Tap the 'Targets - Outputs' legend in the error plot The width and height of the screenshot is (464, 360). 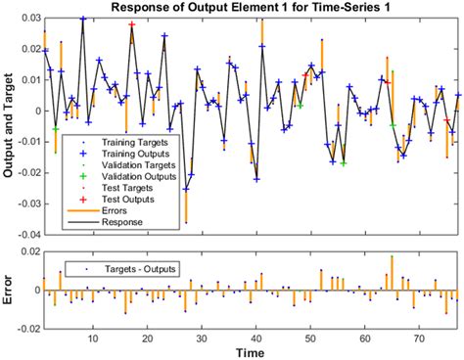point(137,268)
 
